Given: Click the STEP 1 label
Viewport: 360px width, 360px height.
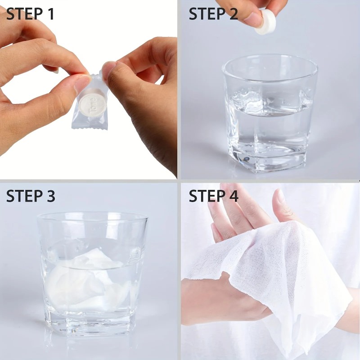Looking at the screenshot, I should click(30, 14).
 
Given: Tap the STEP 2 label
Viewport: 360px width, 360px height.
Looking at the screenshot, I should click(213, 14).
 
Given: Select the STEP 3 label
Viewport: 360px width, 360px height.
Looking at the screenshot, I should click(30, 196).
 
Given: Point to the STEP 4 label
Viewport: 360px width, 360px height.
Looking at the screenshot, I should click(213, 196).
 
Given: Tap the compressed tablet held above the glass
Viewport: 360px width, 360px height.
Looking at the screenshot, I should click(265, 22).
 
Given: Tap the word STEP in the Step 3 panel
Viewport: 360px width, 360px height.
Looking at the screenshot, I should click(22, 196).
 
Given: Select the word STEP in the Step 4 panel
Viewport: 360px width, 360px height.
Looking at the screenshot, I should click(206, 196).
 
